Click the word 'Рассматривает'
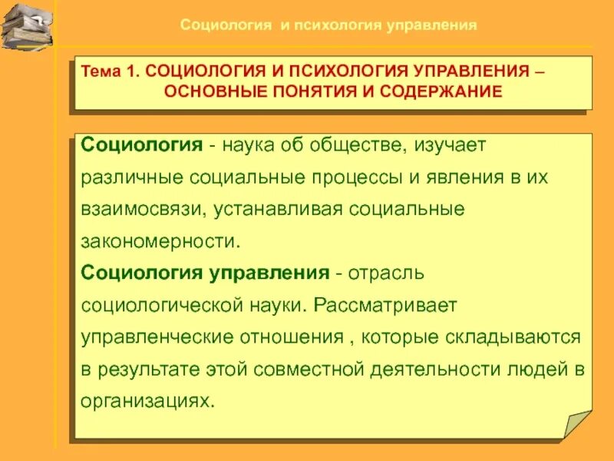(x=385, y=306)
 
